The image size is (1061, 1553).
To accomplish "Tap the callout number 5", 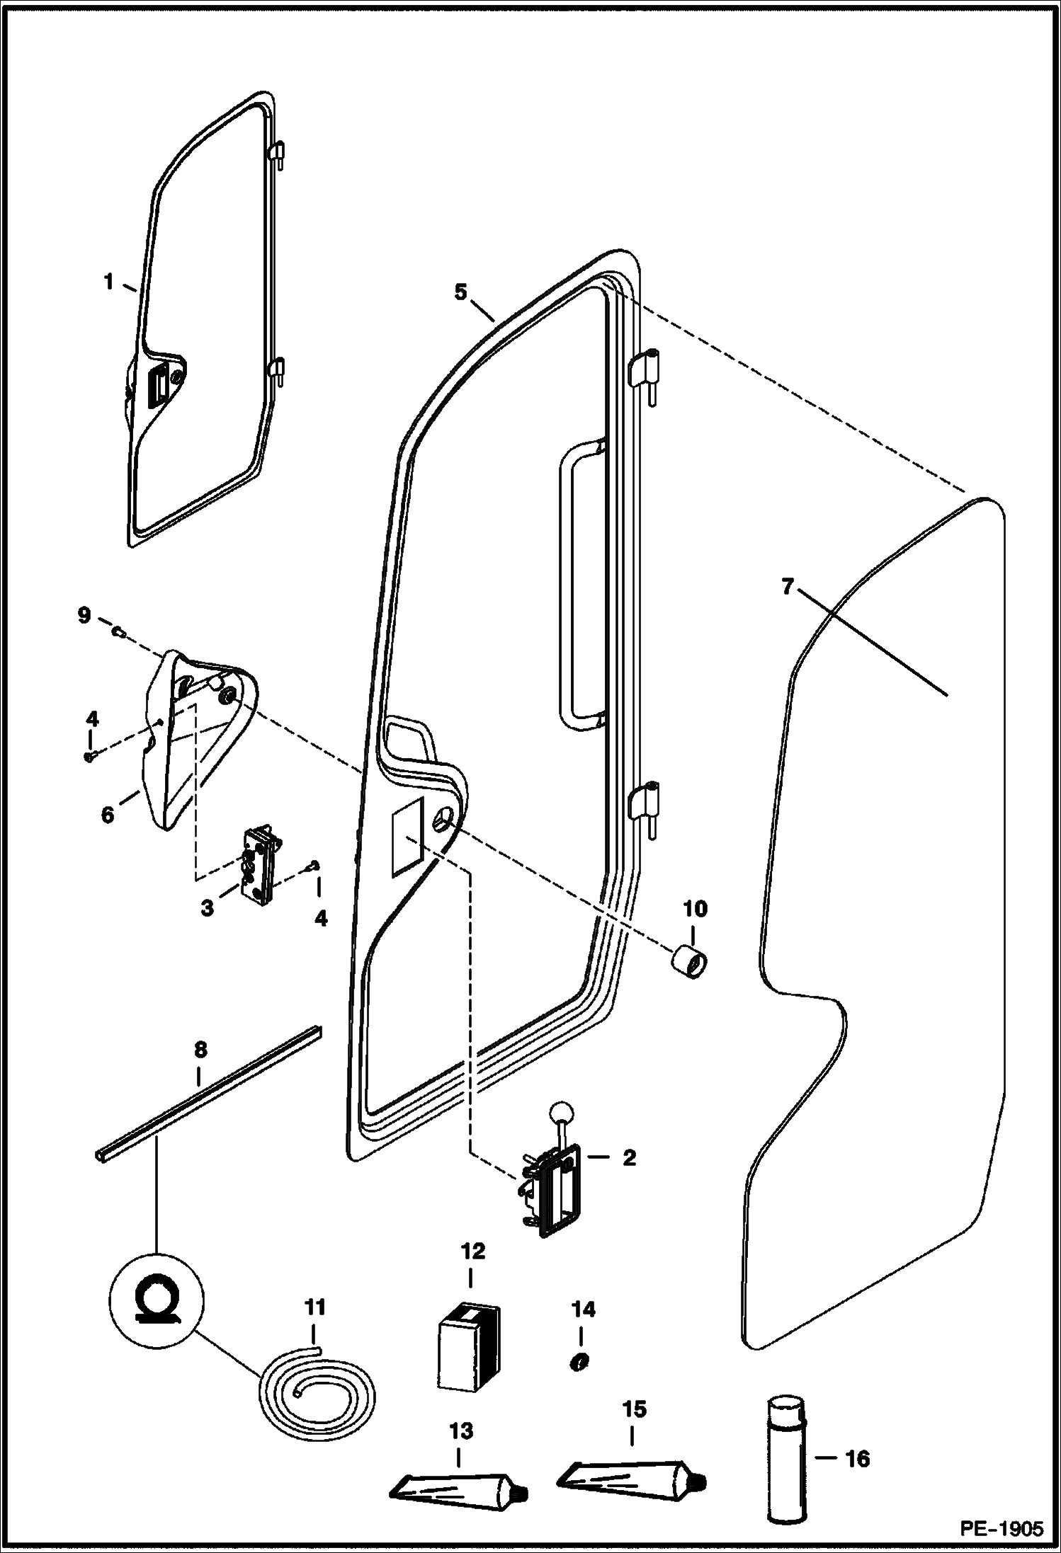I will pyautogui.click(x=461, y=292).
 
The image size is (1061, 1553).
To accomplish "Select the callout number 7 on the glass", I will pyautogui.click(x=788, y=588).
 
